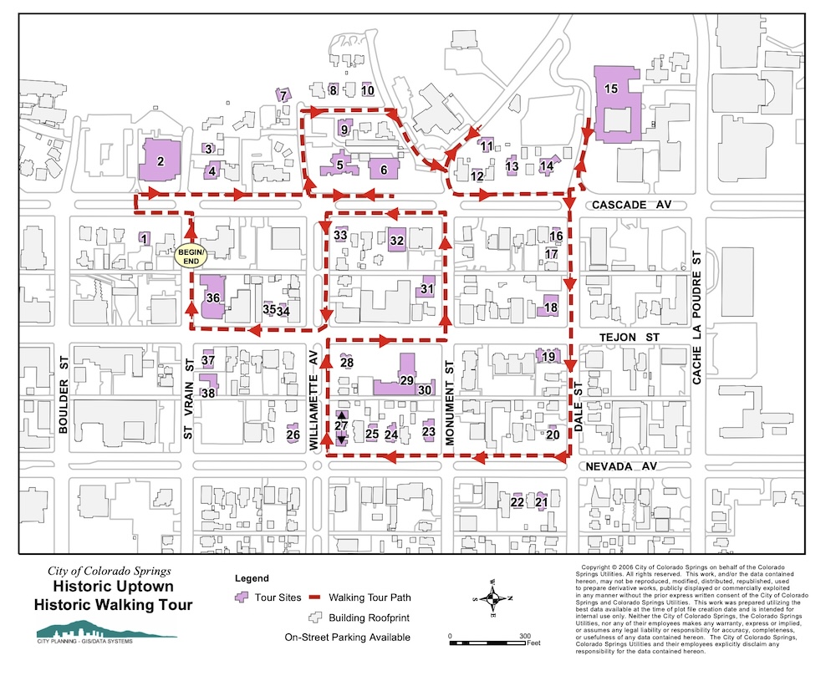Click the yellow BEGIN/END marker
point(191,256)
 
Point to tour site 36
point(212,297)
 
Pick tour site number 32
point(397,241)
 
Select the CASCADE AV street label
point(630,205)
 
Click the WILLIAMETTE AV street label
point(315,402)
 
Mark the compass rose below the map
point(493,597)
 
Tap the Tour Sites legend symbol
point(243,598)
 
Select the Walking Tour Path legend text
point(369,598)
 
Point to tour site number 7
point(283,95)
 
